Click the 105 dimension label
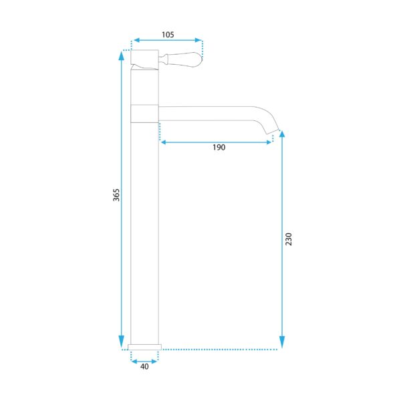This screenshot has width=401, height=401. pyautogui.click(x=168, y=35)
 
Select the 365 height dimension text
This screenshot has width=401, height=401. pyautogui.click(x=116, y=195)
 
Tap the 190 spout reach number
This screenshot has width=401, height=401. pyautogui.click(x=219, y=147)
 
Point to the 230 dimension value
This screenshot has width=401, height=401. pyautogui.click(x=289, y=239)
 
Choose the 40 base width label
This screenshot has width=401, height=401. pyautogui.click(x=144, y=366)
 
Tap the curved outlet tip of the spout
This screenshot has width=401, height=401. pyautogui.click(x=271, y=128)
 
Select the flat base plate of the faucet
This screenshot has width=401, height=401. pyautogui.click(x=144, y=347)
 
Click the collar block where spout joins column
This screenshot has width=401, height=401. pyautogui.click(x=144, y=114)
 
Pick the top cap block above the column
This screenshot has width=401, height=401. pyautogui.click(x=144, y=57)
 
